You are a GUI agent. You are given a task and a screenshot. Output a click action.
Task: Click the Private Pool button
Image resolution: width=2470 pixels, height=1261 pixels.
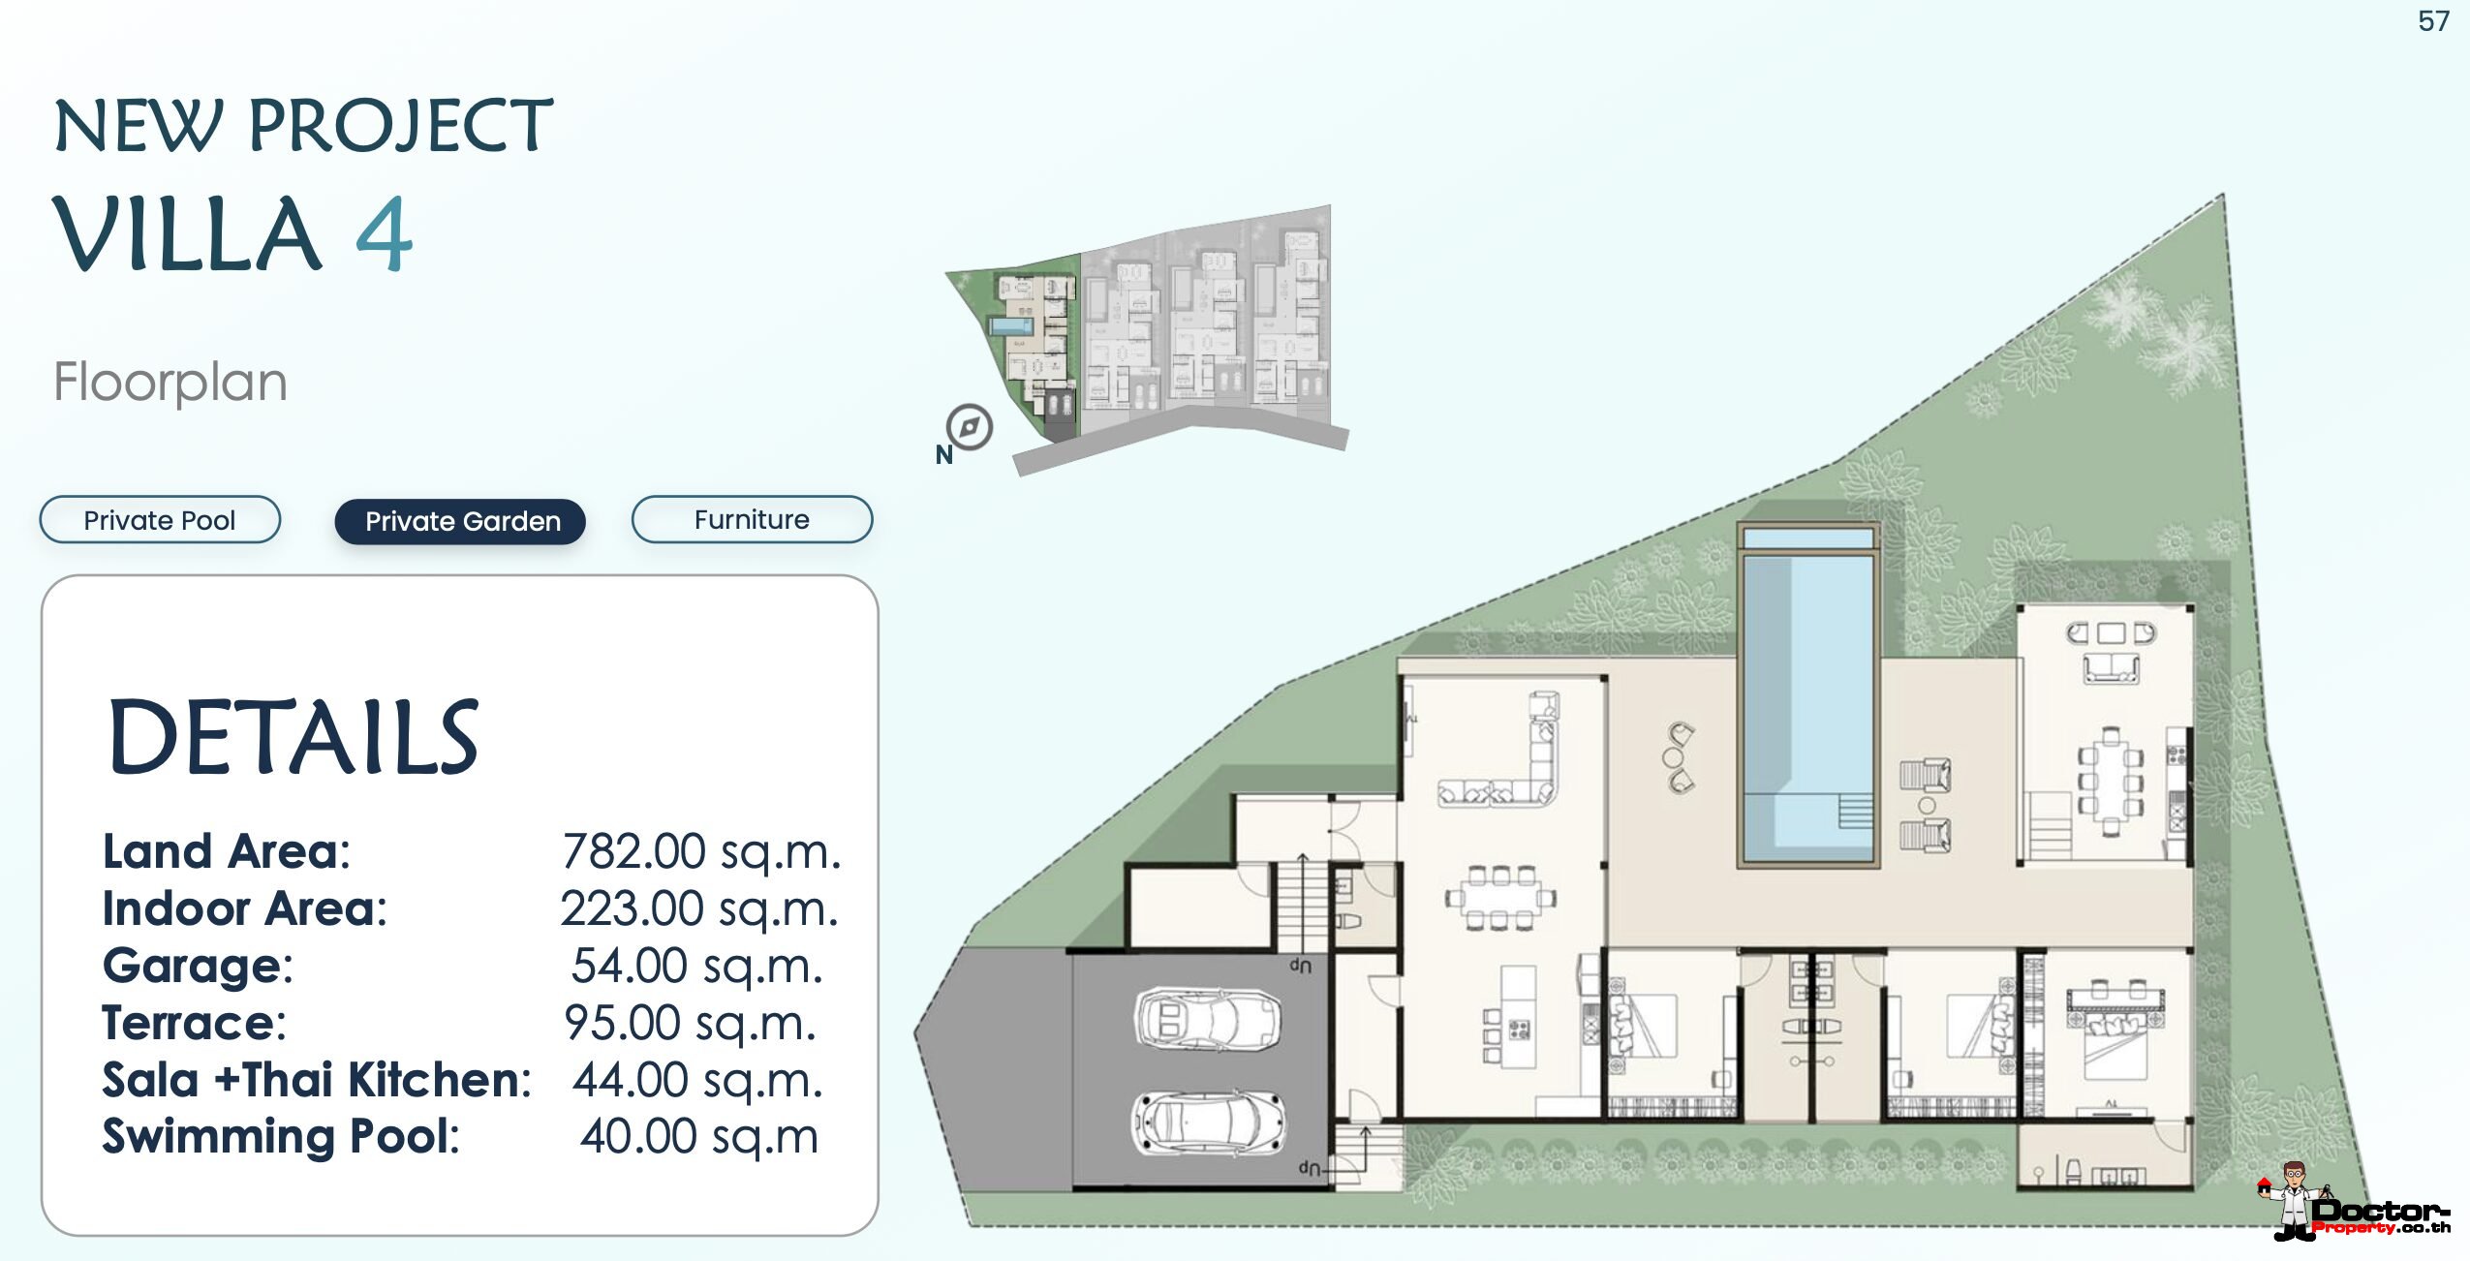point(160,520)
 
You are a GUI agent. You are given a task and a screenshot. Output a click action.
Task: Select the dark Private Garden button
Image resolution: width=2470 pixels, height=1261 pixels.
point(460,521)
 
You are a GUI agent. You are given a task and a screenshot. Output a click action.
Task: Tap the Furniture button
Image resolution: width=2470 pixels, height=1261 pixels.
point(752,519)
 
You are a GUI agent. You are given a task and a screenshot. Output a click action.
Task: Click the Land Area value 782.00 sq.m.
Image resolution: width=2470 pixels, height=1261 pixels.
point(701,852)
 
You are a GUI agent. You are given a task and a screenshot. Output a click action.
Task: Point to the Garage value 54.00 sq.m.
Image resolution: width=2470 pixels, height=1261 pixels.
point(697,966)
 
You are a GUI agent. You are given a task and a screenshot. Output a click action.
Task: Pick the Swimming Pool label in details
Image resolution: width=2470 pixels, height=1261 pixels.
point(281,1136)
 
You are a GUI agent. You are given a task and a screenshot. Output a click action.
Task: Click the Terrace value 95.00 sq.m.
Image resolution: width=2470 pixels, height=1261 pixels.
point(691,1023)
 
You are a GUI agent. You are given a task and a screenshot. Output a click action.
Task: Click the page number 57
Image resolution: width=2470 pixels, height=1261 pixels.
point(2433,21)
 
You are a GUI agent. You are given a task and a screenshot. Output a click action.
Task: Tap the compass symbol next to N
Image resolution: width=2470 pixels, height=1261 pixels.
point(970,427)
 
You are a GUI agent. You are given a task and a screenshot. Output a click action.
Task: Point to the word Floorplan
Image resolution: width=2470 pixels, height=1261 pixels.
point(170,382)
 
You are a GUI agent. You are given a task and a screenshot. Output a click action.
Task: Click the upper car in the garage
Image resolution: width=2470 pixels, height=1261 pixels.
point(1207,1019)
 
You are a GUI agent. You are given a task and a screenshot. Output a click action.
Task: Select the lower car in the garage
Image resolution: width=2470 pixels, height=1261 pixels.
point(1210,1123)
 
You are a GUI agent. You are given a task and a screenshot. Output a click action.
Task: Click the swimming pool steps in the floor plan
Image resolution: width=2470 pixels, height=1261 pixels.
point(1855,811)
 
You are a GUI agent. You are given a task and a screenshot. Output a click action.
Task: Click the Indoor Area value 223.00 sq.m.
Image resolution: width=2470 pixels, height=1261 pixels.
point(699,909)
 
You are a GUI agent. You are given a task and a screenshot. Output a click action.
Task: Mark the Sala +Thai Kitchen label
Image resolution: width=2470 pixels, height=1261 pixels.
point(317,1080)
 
